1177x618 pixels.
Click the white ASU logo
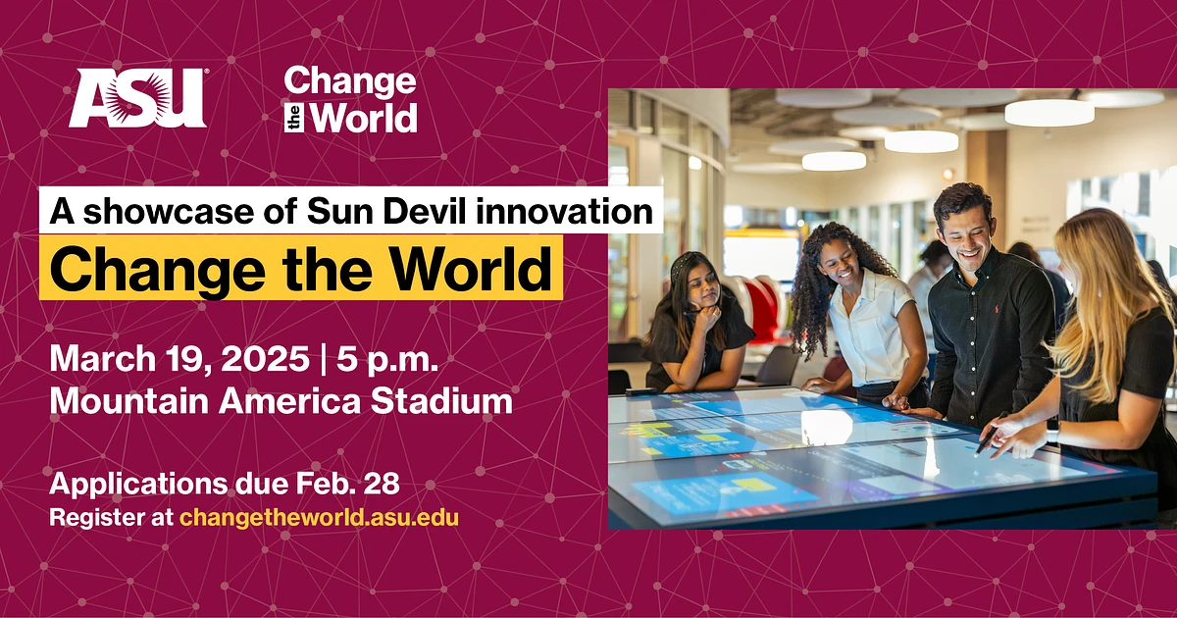tap(137, 98)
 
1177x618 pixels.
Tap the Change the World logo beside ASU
tap(350, 100)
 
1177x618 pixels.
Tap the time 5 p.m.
tap(387, 358)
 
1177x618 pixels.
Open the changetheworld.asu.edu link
tap(319, 516)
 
